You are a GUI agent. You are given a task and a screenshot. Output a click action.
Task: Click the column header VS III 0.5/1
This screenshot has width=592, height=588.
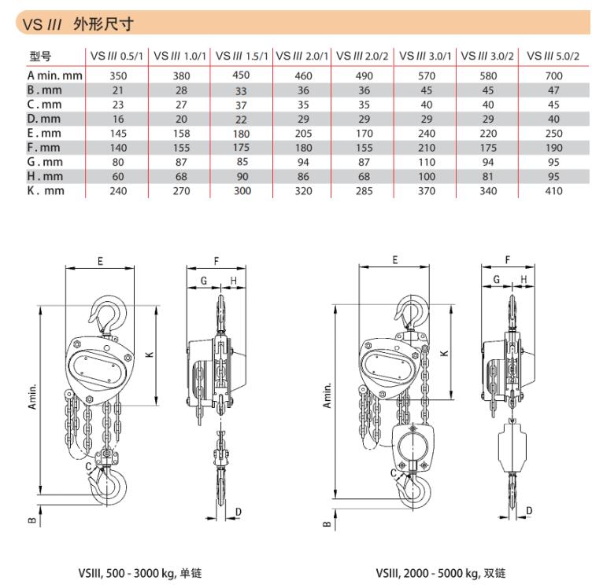point(117,56)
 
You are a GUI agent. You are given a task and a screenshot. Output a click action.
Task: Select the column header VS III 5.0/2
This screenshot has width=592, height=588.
point(553,56)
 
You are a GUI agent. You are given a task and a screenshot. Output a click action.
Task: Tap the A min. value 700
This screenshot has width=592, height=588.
point(553,75)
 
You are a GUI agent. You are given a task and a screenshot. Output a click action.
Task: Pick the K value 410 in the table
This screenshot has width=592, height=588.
point(553,191)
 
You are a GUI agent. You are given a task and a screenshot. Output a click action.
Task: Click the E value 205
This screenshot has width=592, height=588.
point(303,134)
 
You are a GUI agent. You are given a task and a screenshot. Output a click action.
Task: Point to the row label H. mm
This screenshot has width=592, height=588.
point(45,176)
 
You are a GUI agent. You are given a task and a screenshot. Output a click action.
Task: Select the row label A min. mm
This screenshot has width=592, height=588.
point(54,75)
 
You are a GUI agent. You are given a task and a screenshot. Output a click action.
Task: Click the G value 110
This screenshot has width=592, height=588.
point(427,162)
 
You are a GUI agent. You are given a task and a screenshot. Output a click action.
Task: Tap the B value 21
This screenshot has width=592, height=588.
point(118,90)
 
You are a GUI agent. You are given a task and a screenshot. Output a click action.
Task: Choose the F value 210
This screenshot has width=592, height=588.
point(427,148)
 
